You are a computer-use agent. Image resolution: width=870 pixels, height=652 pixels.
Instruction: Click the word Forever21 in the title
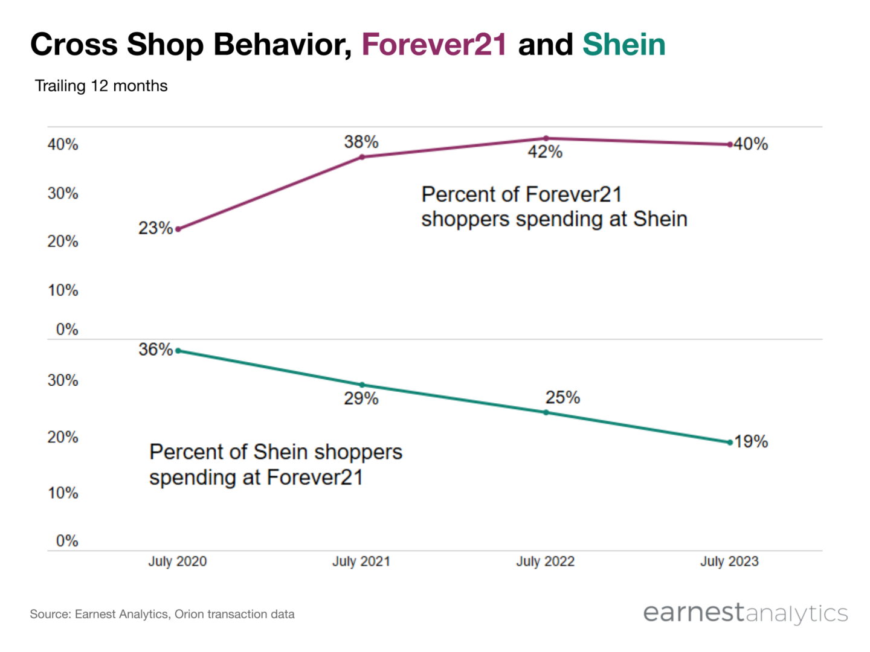[x=434, y=45]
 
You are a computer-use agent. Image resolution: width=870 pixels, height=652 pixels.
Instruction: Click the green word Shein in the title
[x=623, y=45]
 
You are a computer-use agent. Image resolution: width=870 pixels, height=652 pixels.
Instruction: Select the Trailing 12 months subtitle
[x=101, y=86]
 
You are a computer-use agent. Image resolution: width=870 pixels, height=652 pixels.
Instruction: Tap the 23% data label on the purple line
[x=155, y=228]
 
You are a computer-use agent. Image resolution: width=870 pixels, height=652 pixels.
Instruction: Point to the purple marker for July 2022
[x=546, y=138]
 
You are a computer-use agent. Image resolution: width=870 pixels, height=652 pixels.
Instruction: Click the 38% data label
[x=361, y=142]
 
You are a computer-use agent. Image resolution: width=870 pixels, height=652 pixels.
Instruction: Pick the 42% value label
[x=545, y=152]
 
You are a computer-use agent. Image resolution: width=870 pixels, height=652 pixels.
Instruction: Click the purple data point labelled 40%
[x=730, y=144]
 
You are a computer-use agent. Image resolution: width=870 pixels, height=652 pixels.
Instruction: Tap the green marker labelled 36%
[x=178, y=351]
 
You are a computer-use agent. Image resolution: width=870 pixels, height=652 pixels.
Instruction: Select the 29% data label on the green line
[x=361, y=398]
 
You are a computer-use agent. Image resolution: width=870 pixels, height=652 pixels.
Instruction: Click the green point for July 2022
[x=546, y=412]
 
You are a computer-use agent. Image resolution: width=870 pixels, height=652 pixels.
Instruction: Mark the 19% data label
[x=751, y=441]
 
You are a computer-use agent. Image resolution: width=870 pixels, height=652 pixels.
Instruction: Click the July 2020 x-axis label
[x=178, y=561]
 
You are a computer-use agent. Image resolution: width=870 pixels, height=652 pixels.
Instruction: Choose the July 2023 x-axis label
[x=729, y=561]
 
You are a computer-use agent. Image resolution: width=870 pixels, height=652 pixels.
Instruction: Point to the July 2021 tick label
[x=361, y=561]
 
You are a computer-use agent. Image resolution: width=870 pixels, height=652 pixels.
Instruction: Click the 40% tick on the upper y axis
[x=63, y=144]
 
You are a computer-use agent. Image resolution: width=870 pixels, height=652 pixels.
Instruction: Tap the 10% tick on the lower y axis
[x=63, y=493]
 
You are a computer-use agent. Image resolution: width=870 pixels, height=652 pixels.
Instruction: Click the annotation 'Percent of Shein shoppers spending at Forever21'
[x=275, y=464]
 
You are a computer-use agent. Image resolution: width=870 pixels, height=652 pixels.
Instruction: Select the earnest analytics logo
[x=746, y=613]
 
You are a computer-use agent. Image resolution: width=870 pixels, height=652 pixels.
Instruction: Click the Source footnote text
[x=162, y=614]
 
